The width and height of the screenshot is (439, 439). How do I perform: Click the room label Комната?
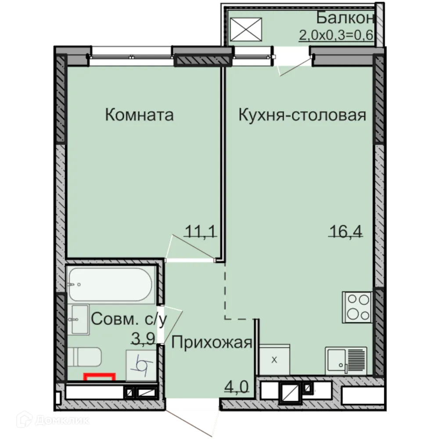coord(139,115)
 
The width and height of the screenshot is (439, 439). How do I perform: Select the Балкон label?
coord(345,18)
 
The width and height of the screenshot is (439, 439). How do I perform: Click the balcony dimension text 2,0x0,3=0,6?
coord(336,35)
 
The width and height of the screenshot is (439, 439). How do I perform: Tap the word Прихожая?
coord(212,342)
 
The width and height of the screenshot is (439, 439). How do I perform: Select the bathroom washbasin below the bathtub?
coord(79,319)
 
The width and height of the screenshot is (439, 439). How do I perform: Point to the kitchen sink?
coord(345,360)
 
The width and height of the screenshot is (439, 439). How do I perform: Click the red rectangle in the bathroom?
coord(100,376)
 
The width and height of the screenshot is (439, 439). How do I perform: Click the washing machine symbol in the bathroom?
coord(141,365)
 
